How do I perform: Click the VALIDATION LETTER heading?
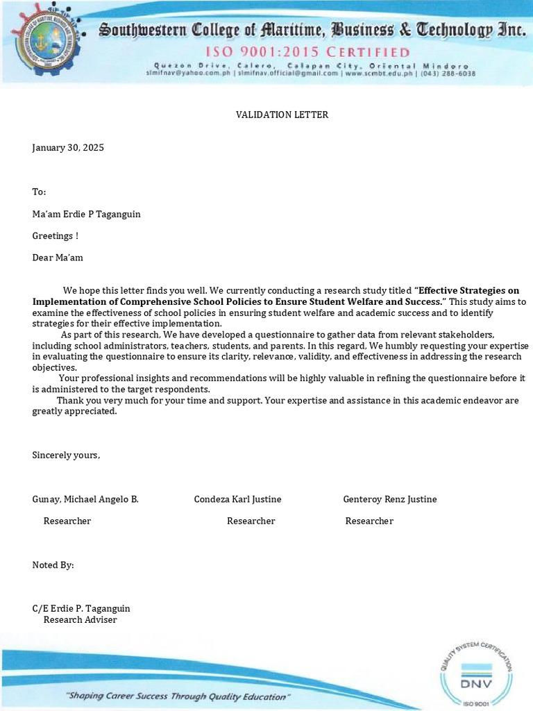282,115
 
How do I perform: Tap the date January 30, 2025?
68,148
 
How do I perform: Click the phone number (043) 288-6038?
450,73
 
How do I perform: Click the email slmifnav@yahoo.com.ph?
179,73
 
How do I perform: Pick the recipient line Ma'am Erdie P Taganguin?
86,215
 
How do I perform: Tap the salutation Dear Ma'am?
58,258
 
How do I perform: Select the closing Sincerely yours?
66,455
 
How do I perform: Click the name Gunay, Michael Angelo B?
85,499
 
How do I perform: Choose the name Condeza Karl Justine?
237,499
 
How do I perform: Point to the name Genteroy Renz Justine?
389,499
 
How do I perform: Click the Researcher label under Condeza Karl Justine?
251,521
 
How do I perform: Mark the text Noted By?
53,565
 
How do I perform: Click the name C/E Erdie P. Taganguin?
81,609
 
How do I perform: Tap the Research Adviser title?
80,619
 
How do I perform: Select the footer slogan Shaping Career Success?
178,696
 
